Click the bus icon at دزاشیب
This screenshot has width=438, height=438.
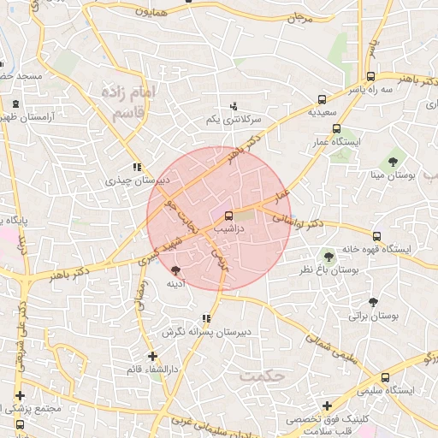click(228, 216)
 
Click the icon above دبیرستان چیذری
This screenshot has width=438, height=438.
click(136, 168)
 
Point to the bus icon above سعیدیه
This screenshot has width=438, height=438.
click(322, 99)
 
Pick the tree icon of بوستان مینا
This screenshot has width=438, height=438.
click(393, 161)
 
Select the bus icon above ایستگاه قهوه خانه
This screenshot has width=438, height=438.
click(376, 235)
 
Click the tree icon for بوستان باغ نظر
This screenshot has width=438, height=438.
click(328, 256)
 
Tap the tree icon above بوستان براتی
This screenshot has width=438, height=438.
click(373, 302)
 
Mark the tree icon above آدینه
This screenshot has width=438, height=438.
click(176, 269)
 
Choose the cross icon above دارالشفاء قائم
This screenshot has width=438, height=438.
click(152, 356)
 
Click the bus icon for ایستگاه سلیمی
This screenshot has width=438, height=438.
click(386, 376)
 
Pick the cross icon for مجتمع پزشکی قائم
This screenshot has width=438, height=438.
click(20, 395)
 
